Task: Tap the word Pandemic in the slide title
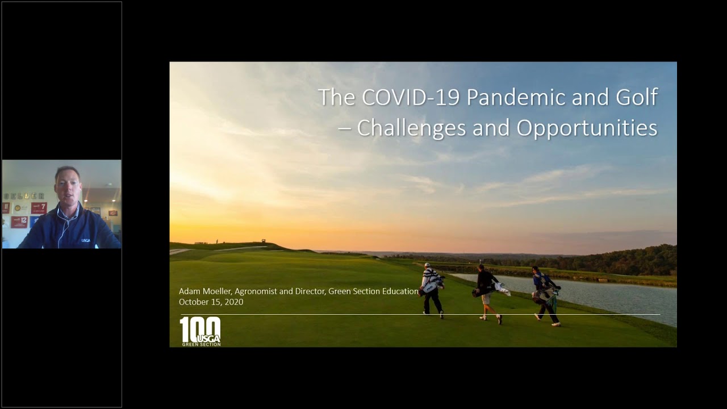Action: pyautogui.click(x=516, y=97)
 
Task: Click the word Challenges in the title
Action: pyautogui.click(x=412, y=128)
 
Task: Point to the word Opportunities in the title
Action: pyautogui.click(x=587, y=128)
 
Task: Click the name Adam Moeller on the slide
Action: pyautogui.click(x=204, y=291)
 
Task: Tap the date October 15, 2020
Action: pyautogui.click(x=211, y=302)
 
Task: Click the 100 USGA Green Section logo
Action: pyautogui.click(x=200, y=331)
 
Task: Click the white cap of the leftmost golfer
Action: pyautogui.click(x=427, y=265)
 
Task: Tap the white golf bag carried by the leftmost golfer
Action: pyautogui.click(x=431, y=286)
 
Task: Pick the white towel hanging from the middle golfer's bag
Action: pyautogui.click(x=503, y=289)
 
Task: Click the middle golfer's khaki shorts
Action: pyautogui.click(x=486, y=299)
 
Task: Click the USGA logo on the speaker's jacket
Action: pyautogui.click(x=86, y=240)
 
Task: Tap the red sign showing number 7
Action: pyautogui.click(x=39, y=208)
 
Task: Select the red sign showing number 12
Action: pyautogui.click(x=19, y=222)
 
